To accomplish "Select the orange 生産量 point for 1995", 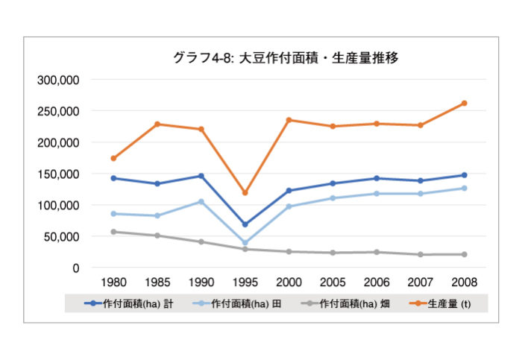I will click(245, 193).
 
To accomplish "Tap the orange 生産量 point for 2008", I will click(464, 103).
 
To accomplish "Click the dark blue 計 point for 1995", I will click(245, 224).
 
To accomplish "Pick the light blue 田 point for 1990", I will click(201, 201).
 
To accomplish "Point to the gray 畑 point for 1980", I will click(113, 232).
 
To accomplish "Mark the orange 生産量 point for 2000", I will click(289, 120).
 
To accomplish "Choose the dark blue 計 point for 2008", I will click(464, 175).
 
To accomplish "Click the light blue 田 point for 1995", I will click(245, 242).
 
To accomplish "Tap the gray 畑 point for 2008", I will click(464, 254).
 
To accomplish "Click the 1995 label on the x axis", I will click(245, 283).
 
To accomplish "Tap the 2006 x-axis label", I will click(376, 283).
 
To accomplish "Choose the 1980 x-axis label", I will click(113, 283).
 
